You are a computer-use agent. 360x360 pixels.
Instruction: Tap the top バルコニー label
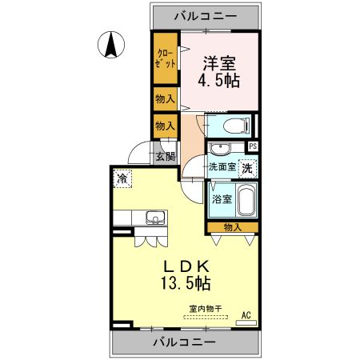[x=207, y=15]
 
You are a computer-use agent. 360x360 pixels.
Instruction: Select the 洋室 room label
[x=218, y=62]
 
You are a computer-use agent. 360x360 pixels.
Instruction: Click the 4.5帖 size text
[x=219, y=81]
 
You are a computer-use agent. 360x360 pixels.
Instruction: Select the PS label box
[x=253, y=146]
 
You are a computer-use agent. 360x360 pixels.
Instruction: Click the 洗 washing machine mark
[x=248, y=168]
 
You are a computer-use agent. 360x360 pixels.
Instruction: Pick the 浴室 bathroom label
[x=222, y=199]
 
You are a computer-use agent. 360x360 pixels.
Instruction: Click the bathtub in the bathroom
[x=245, y=199]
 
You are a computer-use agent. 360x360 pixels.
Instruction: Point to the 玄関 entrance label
[x=166, y=157]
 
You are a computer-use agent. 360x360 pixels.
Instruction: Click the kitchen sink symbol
[x=154, y=218]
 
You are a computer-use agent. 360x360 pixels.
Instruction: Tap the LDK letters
[x=187, y=266]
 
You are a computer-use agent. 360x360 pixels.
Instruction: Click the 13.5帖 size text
[x=188, y=283]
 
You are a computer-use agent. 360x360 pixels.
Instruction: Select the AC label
[x=246, y=314]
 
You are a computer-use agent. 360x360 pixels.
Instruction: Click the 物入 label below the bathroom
[x=233, y=228]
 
